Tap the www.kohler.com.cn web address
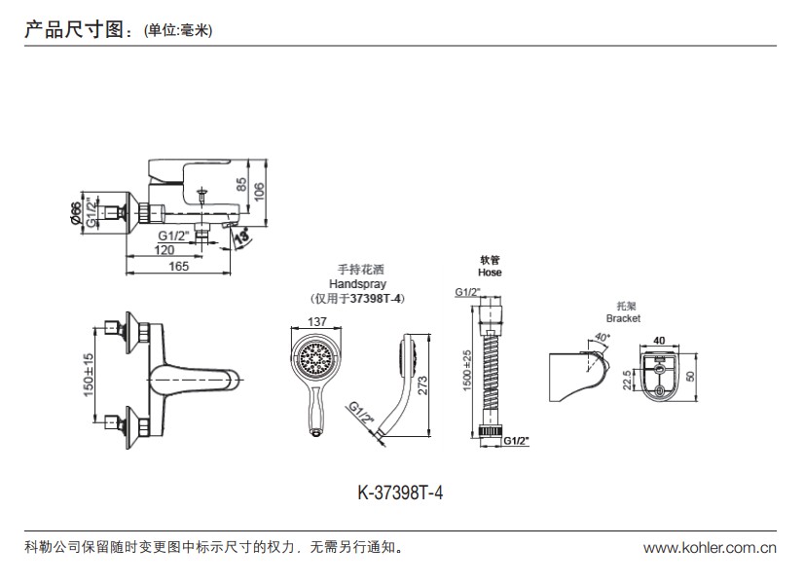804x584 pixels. [710, 548]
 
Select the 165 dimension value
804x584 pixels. [178, 266]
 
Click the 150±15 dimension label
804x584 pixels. [88, 373]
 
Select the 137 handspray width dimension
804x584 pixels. [316, 322]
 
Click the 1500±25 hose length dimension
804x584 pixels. [467, 372]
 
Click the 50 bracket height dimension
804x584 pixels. [691, 377]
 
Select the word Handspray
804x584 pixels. [357, 283]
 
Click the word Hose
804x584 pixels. [490, 274]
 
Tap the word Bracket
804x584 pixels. [622, 318]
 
